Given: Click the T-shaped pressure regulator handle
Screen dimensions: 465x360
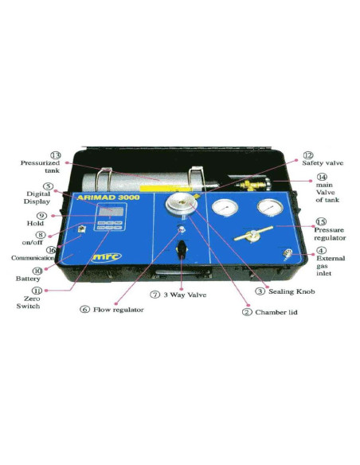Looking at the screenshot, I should pyautogui.click(x=250, y=236).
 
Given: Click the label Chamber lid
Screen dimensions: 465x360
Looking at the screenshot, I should pyautogui.click(x=276, y=312).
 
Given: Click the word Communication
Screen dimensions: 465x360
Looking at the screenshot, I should pyautogui.click(x=32, y=258).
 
